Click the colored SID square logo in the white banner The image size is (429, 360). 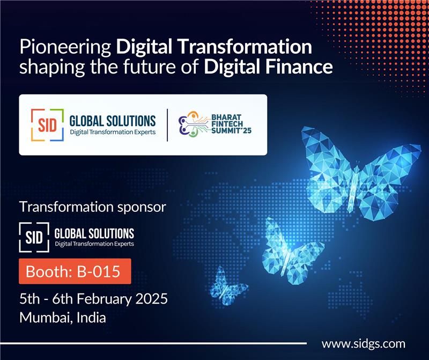pyautogui.click(x=47, y=125)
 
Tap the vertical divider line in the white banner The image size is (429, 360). pyautogui.click(x=167, y=125)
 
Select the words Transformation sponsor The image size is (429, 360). pyautogui.click(x=93, y=207)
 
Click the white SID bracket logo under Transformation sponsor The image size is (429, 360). pyautogui.click(x=35, y=236)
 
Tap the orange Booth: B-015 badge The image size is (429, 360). pyautogui.click(x=75, y=271)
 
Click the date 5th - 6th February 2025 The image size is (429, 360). pyautogui.click(x=94, y=298)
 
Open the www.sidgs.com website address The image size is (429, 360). pyautogui.click(x=363, y=344)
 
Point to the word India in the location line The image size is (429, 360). pyautogui.click(x=91, y=317)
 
